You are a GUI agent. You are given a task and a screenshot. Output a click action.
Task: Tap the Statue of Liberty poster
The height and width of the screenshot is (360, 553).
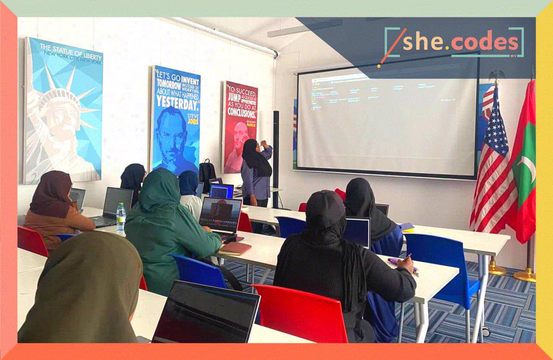[63, 111]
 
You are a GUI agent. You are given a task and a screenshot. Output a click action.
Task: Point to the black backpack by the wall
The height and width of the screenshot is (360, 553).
[207, 171]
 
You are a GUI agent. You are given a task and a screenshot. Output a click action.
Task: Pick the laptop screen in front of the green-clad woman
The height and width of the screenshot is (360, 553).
[220, 214]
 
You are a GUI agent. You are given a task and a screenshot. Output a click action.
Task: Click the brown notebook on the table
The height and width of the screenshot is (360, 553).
[235, 248]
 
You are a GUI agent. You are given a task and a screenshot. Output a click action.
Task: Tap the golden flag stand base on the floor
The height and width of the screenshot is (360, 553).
[524, 276]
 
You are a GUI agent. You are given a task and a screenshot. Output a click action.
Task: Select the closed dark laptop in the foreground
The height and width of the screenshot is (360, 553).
[206, 313]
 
